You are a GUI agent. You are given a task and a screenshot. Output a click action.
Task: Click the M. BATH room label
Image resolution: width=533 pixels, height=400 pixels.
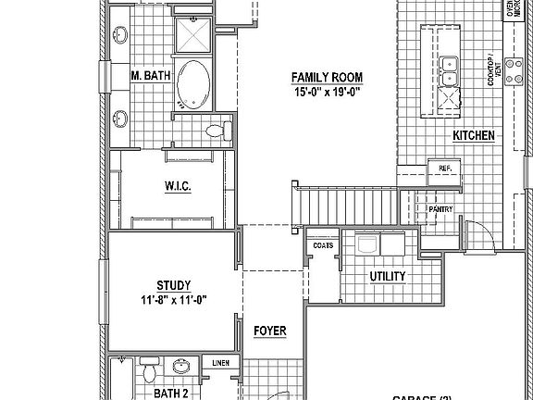150,75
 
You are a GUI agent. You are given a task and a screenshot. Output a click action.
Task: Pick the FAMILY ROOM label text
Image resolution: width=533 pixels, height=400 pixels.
327,77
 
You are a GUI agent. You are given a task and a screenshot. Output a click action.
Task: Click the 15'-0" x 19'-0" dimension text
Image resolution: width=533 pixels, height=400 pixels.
327,92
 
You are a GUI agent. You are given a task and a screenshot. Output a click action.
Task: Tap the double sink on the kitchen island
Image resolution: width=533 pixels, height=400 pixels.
449,65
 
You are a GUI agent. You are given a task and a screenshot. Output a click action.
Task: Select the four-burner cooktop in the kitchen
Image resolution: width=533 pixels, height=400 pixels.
451,98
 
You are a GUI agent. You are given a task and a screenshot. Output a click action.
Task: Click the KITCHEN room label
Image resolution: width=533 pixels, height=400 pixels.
474,136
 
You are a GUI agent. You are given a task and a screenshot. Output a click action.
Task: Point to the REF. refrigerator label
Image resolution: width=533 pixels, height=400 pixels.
445,168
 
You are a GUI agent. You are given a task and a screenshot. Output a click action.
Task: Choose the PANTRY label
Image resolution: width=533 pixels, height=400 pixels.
440,209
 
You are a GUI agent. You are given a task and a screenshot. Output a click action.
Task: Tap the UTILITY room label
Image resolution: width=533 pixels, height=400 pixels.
388,276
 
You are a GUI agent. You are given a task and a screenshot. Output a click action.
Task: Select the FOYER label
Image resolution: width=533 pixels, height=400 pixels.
269,331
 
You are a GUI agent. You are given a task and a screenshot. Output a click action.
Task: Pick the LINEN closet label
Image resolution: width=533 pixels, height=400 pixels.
221,363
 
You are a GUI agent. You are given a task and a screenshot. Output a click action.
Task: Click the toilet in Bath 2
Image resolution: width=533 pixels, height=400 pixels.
149,372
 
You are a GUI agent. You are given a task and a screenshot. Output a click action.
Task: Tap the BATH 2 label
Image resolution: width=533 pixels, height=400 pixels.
170,393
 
